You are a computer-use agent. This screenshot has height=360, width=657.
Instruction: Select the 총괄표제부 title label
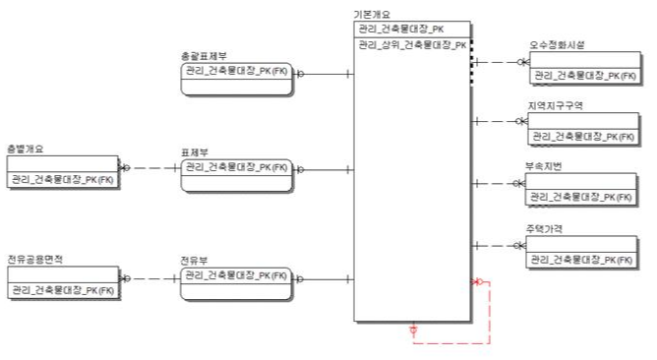click(203, 57)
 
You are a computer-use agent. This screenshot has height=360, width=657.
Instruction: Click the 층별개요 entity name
click(26, 150)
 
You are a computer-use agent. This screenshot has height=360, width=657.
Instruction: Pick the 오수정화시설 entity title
click(557, 44)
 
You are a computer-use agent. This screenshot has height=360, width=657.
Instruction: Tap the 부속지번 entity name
click(547, 166)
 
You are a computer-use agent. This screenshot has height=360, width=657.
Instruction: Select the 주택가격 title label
click(547, 228)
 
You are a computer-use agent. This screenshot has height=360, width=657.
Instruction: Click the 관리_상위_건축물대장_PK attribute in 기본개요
click(412, 45)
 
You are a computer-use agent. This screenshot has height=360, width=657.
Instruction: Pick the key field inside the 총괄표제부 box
click(236, 72)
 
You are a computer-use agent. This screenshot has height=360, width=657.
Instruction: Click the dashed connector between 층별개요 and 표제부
click(149, 169)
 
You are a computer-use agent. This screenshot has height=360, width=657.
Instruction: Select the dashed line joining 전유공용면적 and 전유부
click(149, 279)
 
